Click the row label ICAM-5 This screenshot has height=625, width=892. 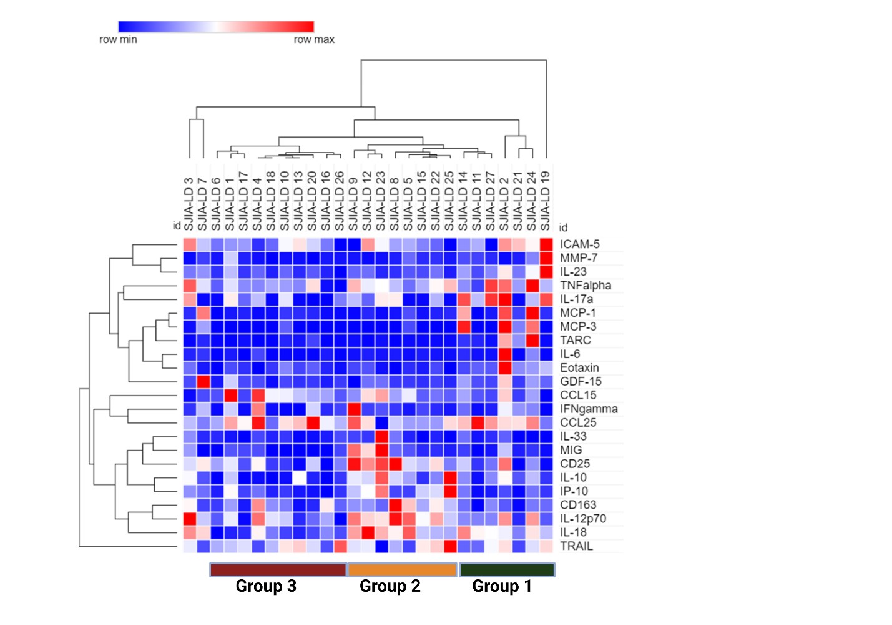579,244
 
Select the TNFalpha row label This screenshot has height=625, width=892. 585,286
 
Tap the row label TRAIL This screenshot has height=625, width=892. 576,546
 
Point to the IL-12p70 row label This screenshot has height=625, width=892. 582,519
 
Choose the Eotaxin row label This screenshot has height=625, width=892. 579,368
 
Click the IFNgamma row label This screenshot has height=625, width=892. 589,409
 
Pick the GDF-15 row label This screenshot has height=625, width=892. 581,382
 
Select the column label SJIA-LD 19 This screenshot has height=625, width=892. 546,200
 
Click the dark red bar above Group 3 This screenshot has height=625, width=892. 278,569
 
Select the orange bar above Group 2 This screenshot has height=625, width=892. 402,569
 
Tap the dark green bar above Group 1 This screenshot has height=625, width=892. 506,569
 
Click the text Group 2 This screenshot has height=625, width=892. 390,586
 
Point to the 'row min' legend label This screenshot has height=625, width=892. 118,40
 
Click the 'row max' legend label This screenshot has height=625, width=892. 314,40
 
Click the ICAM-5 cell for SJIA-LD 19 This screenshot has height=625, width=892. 546,244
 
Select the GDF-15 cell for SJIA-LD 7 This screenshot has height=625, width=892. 203,382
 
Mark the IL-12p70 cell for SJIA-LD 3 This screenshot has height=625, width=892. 190,519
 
